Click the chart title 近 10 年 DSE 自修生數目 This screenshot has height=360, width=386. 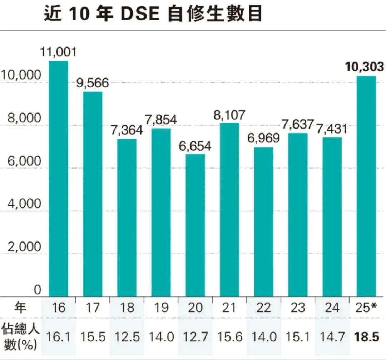point(153,15)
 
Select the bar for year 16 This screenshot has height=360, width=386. point(58,179)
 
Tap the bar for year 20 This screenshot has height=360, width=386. point(195,225)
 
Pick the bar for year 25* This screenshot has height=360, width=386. point(366,186)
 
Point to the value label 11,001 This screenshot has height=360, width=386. point(58,52)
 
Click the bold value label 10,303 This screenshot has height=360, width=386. point(365,67)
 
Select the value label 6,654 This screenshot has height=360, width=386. point(195,146)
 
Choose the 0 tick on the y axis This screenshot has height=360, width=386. point(38,289)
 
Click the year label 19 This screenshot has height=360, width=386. point(161,307)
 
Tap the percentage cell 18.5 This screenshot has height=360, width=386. point(366,337)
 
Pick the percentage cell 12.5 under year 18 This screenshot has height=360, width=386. point(127,337)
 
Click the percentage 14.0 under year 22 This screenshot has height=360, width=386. point(264,337)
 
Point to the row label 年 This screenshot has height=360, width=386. point(21,307)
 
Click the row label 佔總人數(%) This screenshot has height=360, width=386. point(21,337)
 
